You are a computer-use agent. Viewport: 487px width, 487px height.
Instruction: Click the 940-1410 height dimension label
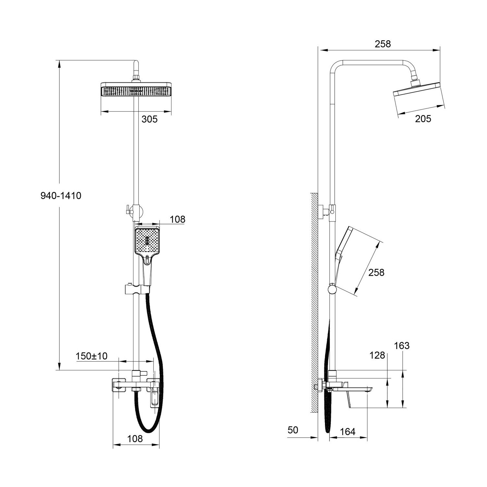(x=61, y=195)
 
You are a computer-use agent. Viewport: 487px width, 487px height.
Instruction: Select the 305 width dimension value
(x=149, y=119)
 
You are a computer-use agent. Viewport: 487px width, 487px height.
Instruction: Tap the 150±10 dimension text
(x=92, y=356)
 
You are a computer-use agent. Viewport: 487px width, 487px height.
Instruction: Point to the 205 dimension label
(x=423, y=119)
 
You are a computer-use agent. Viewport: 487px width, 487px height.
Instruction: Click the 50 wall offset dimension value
(x=293, y=430)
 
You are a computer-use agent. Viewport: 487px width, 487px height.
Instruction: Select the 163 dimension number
(x=402, y=346)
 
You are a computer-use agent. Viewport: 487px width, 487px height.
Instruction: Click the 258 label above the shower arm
(x=383, y=44)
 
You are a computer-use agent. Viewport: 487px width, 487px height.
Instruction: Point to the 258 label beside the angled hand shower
(x=376, y=272)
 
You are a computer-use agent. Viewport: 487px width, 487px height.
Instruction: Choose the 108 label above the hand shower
(x=178, y=219)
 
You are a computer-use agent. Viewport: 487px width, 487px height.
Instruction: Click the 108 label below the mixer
(x=135, y=439)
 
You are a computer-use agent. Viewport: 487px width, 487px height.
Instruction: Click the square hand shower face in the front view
(x=147, y=241)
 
